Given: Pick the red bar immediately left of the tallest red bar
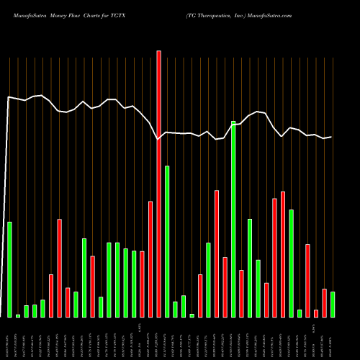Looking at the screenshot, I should pos(150,259).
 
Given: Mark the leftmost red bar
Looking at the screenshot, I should pos(51,295).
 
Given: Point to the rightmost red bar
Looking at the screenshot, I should pos(324,302).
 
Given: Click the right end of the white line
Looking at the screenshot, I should pos(331,137).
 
